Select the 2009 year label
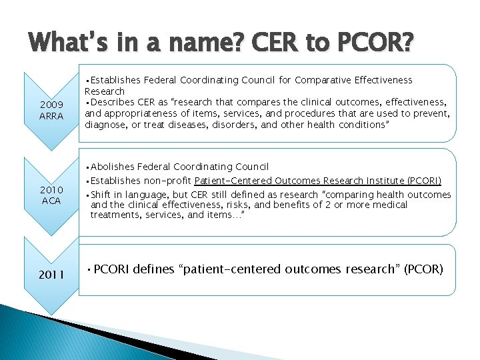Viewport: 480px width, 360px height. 51,104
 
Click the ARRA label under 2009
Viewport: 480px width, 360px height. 51,115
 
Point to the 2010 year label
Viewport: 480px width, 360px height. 51,189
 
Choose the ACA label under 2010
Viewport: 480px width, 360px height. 51,201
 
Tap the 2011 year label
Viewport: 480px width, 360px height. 51,274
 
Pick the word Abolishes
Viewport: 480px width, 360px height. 114,167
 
